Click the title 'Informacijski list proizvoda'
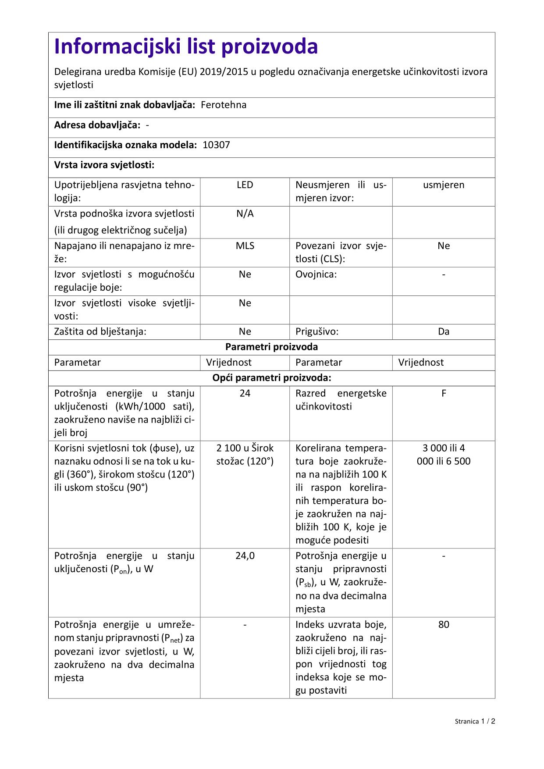[x=186, y=47]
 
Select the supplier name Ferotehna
[x=224, y=105]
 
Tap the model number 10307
[x=216, y=145]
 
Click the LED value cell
[x=245, y=185]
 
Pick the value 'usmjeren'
[x=444, y=185]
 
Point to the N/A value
[x=245, y=214]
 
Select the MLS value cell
[x=245, y=246]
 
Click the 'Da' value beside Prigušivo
[x=444, y=332]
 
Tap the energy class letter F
[x=444, y=394]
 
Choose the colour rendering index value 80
[x=444, y=625]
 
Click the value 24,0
[x=245, y=556]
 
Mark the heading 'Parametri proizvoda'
[x=271, y=347]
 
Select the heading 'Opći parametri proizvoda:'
[x=271, y=378]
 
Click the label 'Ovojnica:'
[x=316, y=275]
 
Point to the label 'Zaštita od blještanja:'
[x=100, y=332]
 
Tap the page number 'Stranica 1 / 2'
[x=475, y=721]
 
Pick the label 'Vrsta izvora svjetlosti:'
[x=104, y=165]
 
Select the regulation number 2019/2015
[x=224, y=72]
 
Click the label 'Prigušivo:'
[x=317, y=332]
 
